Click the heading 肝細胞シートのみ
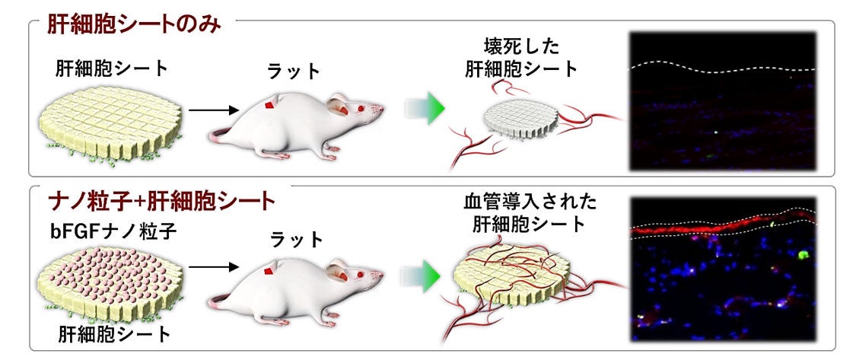tap(133, 24)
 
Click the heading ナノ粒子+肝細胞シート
tap(161, 202)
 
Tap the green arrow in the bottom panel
tap(425, 272)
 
